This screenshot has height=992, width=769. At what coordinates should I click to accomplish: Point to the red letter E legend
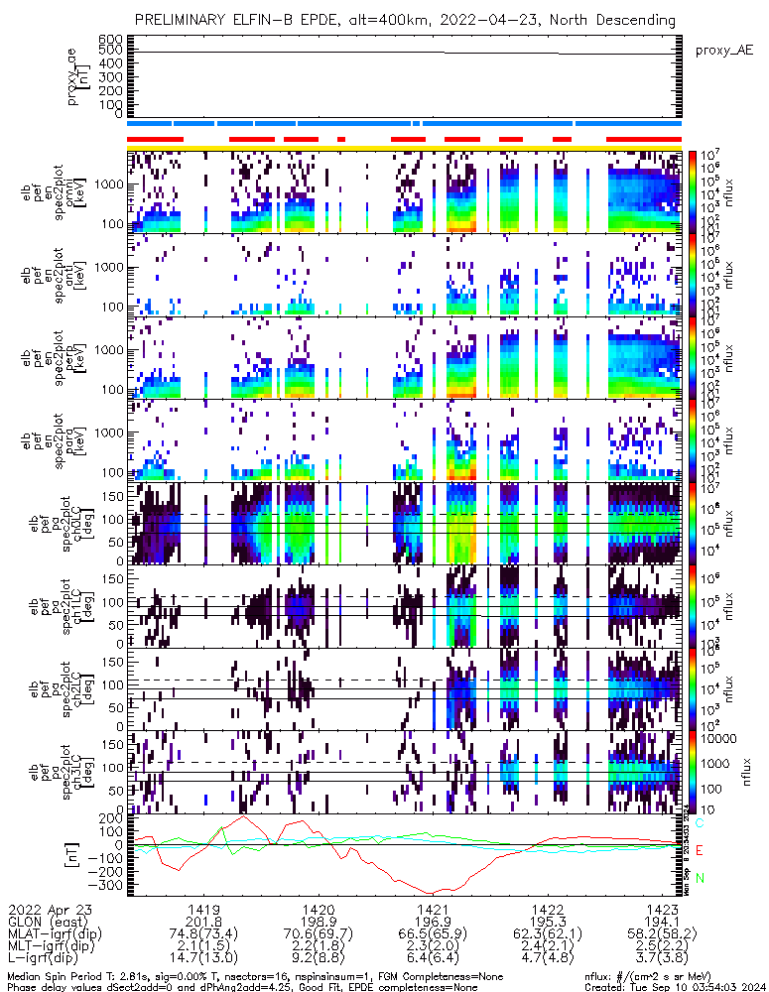[x=700, y=850]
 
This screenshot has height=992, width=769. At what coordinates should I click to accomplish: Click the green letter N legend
[x=700, y=878]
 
